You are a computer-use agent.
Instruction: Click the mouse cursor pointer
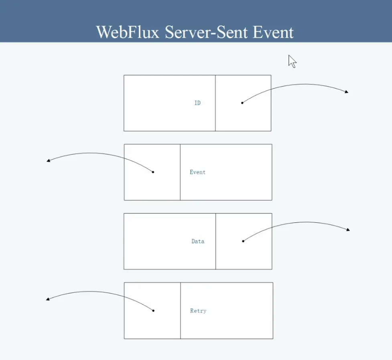point(292,61)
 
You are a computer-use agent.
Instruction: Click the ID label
point(197,103)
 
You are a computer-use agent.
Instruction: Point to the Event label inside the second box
point(197,172)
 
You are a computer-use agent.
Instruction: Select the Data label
point(198,241)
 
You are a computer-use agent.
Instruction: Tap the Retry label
point(198,311)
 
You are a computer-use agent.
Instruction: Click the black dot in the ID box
point(242,103)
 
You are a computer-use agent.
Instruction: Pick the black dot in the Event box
point(153,172)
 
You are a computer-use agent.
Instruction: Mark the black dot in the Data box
point(243,241)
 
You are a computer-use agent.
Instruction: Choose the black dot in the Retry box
point(153,310)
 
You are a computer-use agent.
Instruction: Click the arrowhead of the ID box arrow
point(347,92)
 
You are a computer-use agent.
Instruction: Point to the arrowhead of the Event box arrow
point(48,161)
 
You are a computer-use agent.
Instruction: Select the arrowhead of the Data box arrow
point(348,230)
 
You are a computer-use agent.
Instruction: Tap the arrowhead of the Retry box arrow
point(48,299)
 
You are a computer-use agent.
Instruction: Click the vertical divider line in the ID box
point(215,103)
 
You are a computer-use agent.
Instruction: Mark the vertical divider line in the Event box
point(180,172)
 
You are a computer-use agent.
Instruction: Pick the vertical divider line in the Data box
point(216,241)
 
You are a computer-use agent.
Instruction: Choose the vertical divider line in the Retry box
point(181,310)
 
